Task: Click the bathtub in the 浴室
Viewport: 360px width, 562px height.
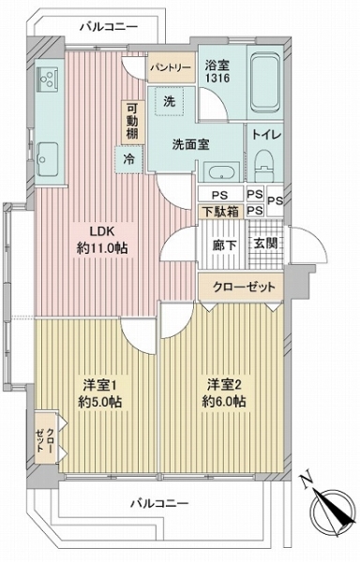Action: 265,82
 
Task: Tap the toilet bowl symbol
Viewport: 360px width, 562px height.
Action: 264,166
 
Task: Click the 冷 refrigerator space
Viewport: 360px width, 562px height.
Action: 128,159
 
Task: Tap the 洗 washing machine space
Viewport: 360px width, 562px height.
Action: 170,101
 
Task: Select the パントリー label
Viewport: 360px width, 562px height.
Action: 171,67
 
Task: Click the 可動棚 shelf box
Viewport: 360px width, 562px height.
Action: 132,123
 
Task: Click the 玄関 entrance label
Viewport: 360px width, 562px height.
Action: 265,244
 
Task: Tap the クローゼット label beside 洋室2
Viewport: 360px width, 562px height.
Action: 244,288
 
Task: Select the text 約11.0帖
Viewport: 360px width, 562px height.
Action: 102,248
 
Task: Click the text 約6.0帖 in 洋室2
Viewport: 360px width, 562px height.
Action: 224,402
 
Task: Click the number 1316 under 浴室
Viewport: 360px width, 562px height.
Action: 217,78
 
